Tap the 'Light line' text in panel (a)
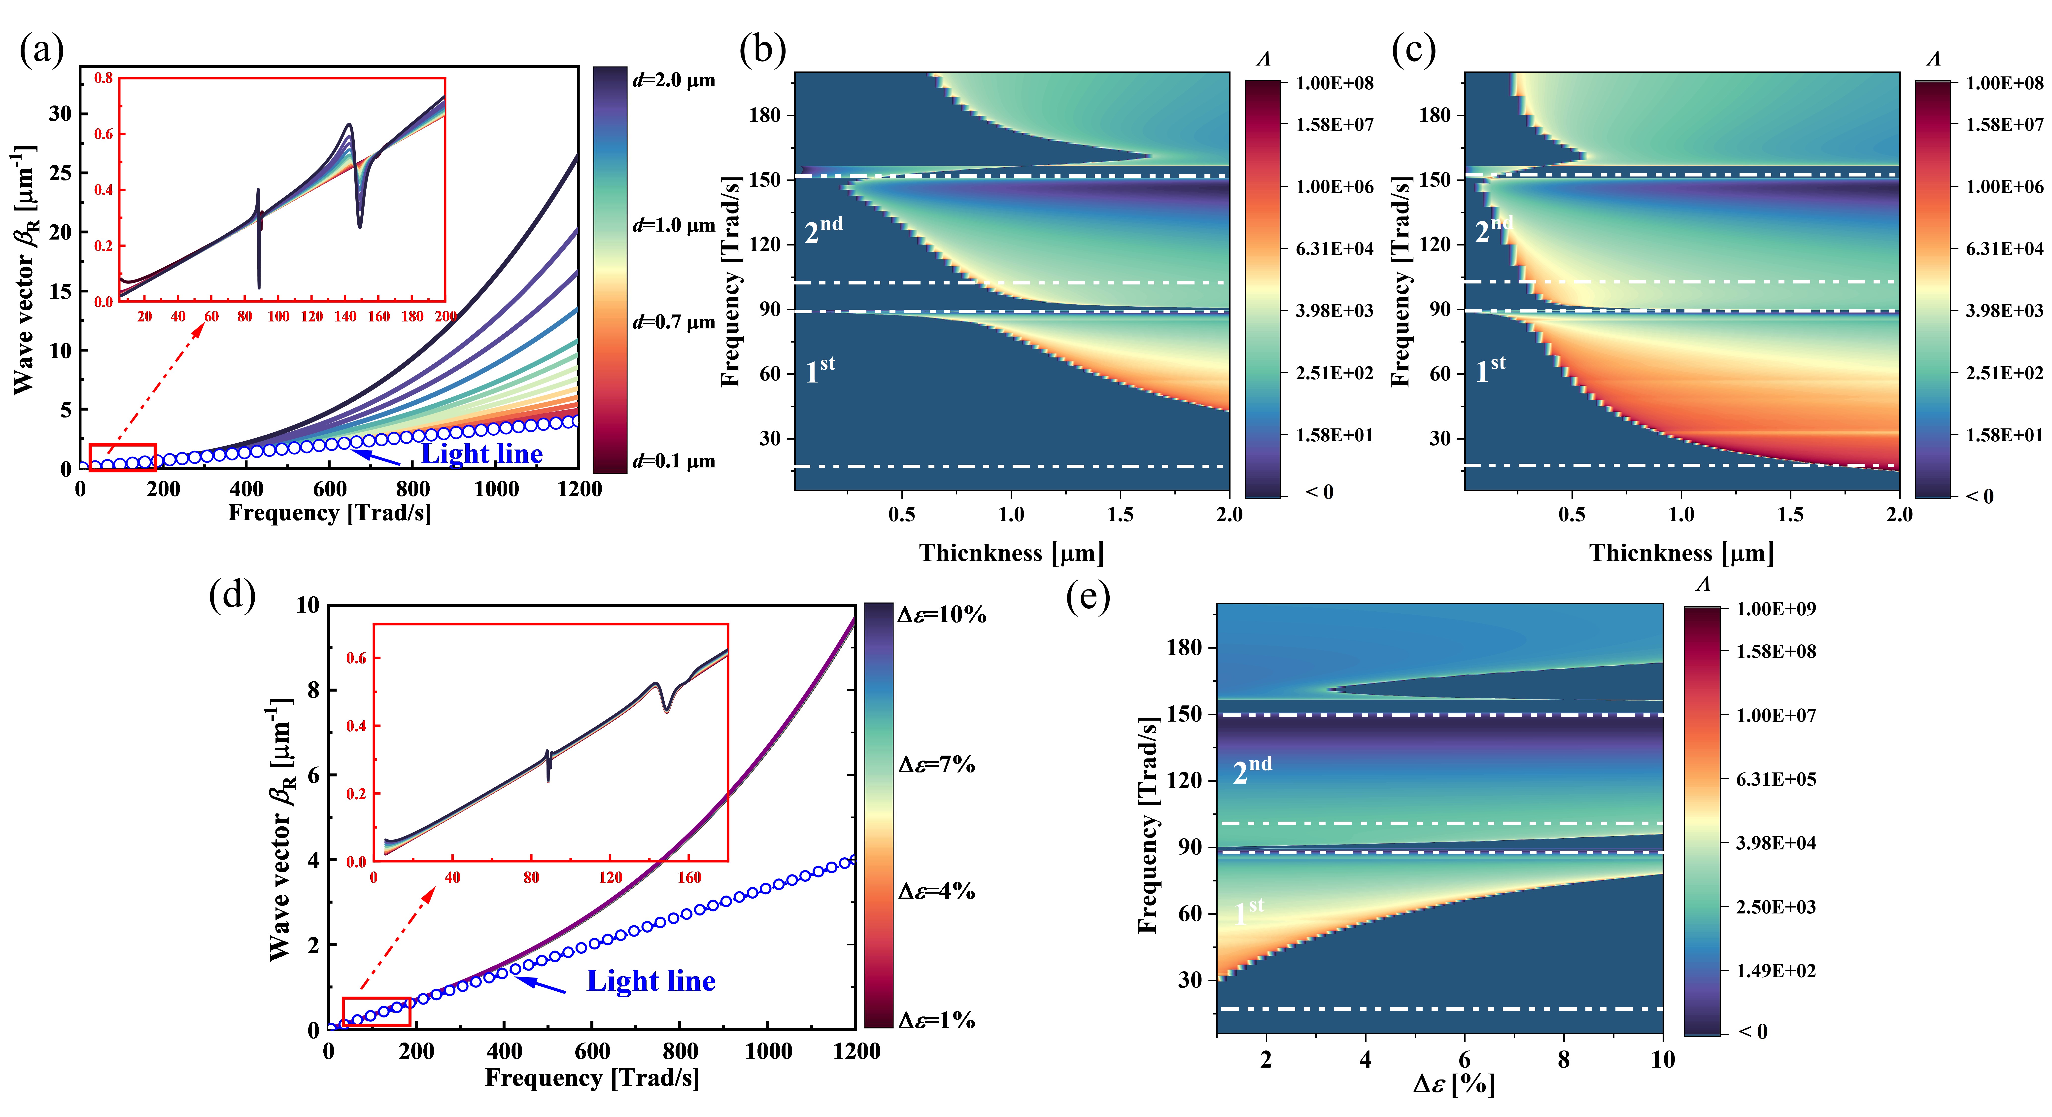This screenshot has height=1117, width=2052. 482,454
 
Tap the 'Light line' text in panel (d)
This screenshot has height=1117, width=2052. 651,981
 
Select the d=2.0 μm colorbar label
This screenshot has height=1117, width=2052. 674,80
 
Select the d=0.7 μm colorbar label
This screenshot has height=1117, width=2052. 674,323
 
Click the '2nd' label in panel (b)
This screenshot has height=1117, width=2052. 823,230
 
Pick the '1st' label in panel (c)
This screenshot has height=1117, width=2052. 1490,370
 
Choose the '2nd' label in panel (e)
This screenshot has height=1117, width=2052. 1252,770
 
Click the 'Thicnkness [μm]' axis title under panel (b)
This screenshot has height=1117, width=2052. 1012,553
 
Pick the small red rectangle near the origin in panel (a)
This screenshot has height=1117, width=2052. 123,457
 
